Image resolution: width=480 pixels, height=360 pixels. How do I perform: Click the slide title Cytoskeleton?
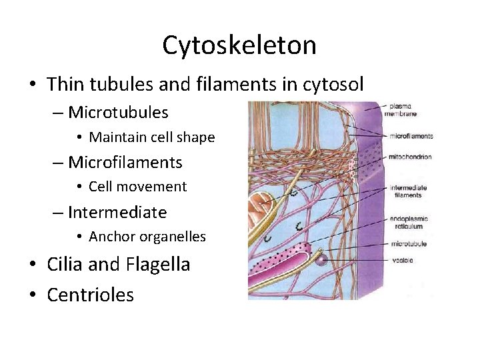click(x=239, y=45)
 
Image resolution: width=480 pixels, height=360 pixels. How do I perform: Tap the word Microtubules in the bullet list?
click(x=118, y=112)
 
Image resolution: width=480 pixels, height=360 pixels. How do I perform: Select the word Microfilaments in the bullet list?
click(x=125, y=162)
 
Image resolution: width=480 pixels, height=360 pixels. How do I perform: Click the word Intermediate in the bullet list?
click(x=117, y=213)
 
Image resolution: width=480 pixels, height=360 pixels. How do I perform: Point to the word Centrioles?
click(x=90, y=295)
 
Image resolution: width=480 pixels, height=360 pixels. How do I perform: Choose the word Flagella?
click(x=157, y=264)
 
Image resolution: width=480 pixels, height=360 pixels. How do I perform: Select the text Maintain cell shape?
click(x=151, y=137)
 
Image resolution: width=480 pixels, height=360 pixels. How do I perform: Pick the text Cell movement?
click(x=137, y=187)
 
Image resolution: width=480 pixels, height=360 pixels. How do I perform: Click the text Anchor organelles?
click(x=147, y=237)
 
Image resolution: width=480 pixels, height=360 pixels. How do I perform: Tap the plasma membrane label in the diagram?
click(x=400, y=109)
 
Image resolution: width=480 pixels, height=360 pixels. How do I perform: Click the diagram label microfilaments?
click(x=412, y=136)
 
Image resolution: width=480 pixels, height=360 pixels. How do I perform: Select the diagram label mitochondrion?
click(x=412, y=157)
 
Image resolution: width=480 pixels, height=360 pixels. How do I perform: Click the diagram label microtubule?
click(x=409, y=244)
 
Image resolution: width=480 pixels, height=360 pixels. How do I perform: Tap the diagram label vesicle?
click(x=402, y=260)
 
